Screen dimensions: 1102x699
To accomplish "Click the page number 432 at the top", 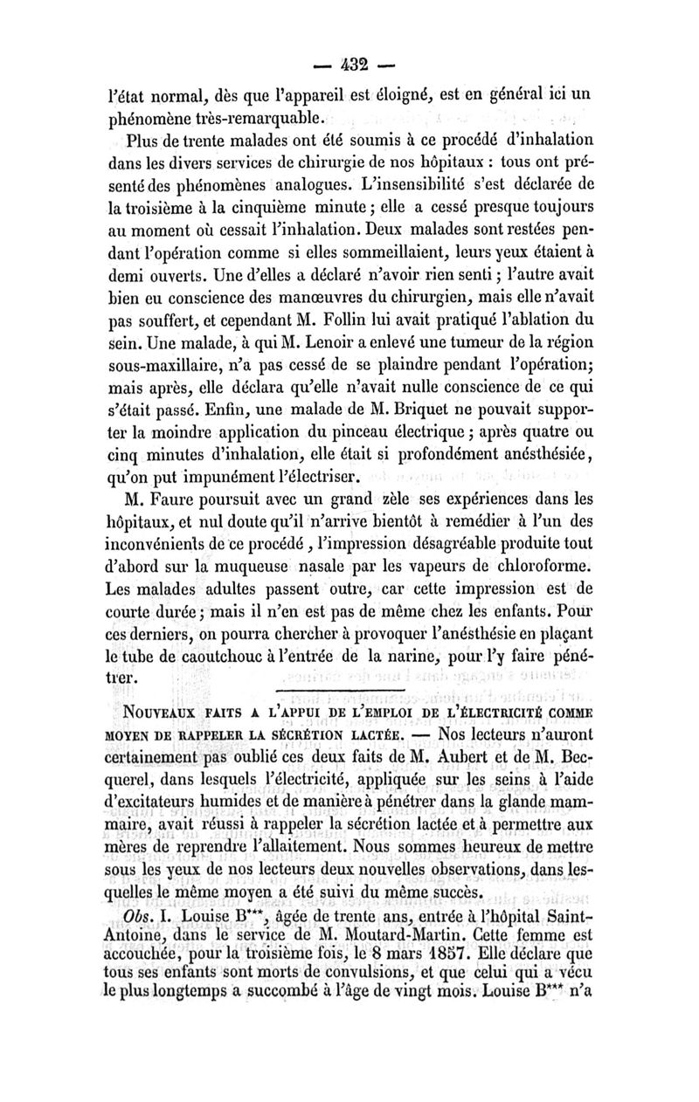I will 349,65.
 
